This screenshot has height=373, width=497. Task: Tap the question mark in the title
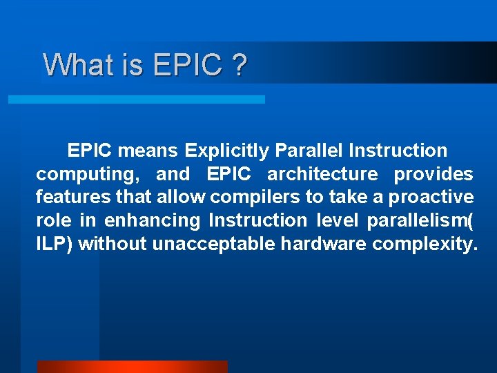pyautogui.click(x=240, y=65)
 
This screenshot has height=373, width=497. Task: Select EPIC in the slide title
pyautogui.click(x=188, y=65)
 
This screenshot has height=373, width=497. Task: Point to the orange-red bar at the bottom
pyautogui.click(x=132, y=366)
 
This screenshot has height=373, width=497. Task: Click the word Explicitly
pyautogui.click(x=227, y=150)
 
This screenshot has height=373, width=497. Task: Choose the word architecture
pyautogui.click(x=322, y=173)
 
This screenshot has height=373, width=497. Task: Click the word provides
pyautogui.click(x=433, y=173)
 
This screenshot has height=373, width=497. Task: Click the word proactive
pyautogui.click(x=431, y=198)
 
